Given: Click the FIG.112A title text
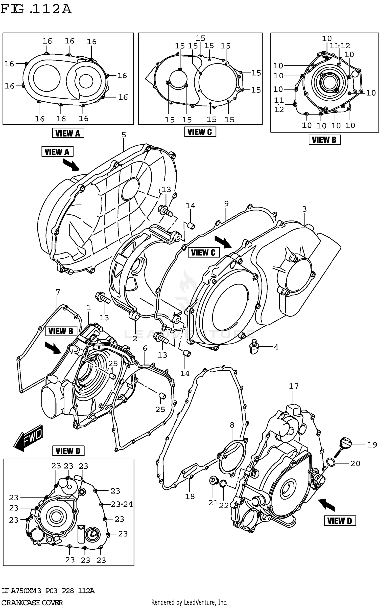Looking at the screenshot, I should pos(36,9).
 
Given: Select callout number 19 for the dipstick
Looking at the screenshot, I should pos(372,444).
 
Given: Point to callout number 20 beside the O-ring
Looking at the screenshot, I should pos(355,463).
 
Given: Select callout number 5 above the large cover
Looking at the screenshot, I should pos(124,135).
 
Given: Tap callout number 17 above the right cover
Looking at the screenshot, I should pos(294,386).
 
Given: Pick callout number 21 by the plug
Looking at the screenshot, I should pos(213,503).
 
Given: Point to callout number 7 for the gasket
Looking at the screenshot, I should pos(58,292).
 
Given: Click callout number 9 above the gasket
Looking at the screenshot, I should pos(226,204).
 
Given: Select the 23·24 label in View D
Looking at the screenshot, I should pos(122,504).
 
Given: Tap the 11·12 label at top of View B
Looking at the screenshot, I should pos(340,46).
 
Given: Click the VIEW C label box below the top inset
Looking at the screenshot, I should pos(200,132).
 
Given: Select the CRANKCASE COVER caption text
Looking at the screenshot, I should pos(32,602).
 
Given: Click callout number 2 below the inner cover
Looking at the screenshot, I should pos(135,339).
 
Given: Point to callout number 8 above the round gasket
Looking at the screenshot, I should pos(232,425).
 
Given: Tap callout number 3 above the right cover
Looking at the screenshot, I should pos(304,209).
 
